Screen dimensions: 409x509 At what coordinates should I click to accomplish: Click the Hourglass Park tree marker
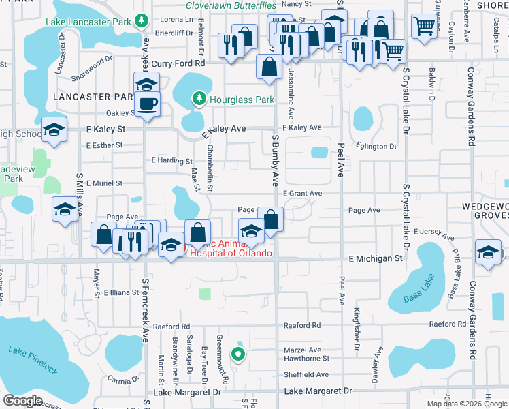coord(199,100)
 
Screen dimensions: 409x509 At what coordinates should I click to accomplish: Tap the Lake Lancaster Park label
coord(89,22)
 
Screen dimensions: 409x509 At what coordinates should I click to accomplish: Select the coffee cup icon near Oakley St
coord(147,105)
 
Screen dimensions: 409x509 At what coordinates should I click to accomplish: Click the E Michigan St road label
coord(376,259)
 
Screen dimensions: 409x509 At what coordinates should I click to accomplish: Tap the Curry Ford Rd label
coord(178,63)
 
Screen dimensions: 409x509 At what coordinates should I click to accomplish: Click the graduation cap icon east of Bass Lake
coord(489,252)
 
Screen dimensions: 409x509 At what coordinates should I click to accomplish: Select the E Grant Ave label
coord(302,194)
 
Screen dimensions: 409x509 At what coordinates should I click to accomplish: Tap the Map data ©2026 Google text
coord(467,404)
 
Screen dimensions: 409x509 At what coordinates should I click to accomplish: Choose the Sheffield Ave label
coord(306,374)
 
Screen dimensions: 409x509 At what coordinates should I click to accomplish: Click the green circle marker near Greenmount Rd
coord(237,353)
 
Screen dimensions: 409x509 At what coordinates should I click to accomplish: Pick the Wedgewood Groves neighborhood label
coord(484,210)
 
